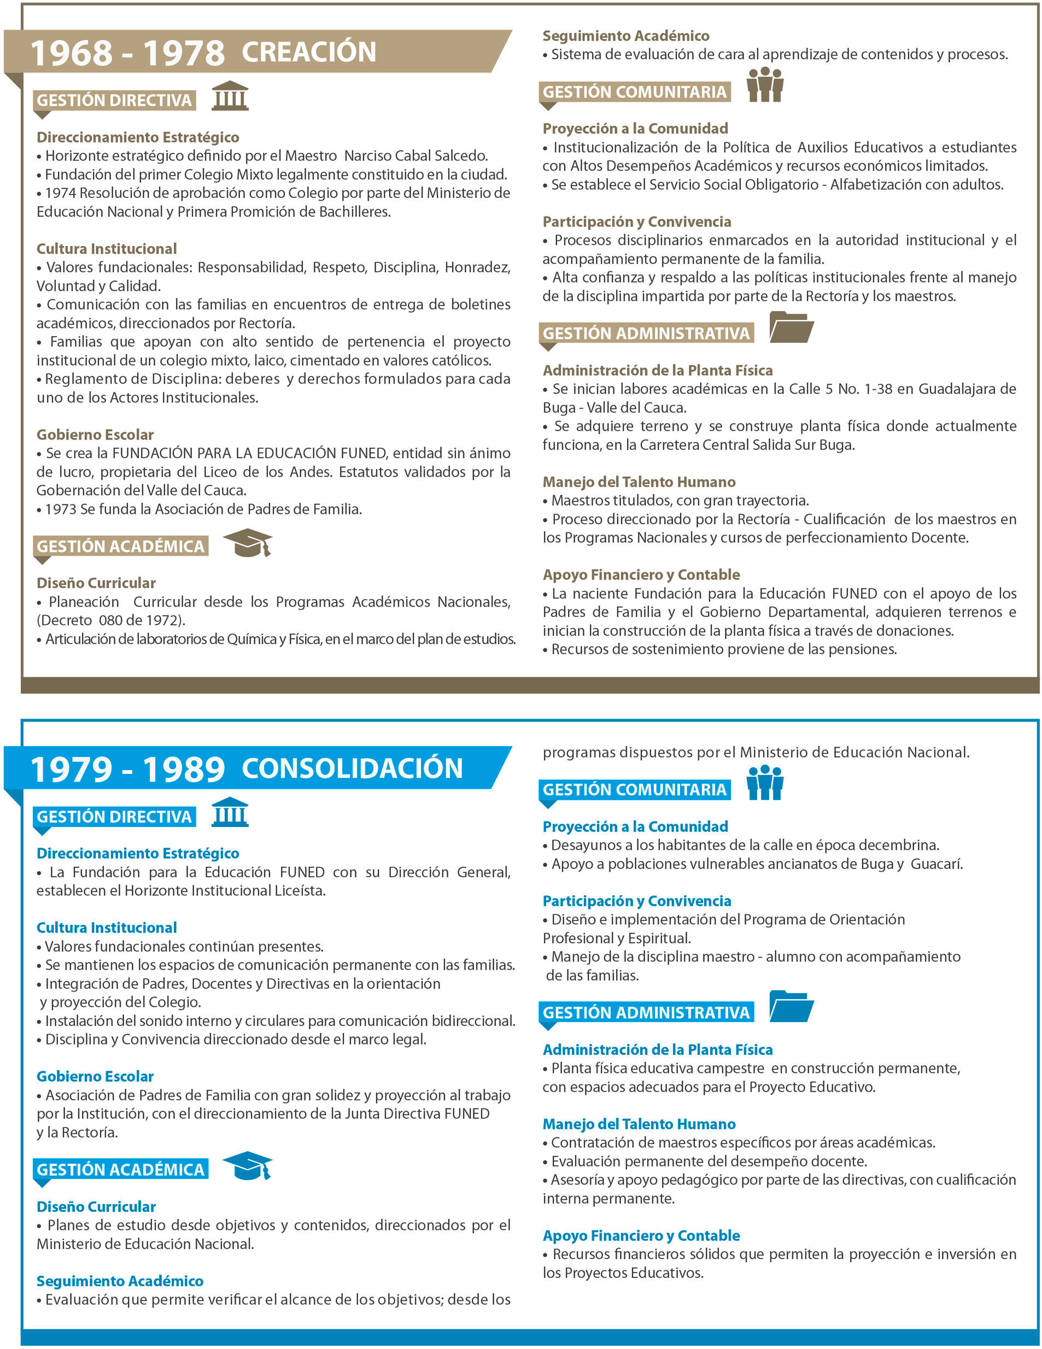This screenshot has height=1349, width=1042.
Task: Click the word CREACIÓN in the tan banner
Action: point(309,52)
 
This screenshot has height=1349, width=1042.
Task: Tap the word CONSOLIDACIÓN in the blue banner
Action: point(352,769)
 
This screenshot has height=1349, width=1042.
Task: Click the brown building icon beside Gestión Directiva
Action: point(230,96)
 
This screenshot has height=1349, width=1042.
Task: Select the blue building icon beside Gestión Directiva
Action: point(230,812)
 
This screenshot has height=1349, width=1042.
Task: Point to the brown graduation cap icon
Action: point(248,543)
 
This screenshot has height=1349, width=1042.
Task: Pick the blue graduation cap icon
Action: point(248,1166)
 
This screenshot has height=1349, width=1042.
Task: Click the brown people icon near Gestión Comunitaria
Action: point(765,85)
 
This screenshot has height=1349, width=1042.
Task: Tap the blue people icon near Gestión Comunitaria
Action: point(765,783)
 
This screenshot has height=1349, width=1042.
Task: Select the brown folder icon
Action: point(791,327)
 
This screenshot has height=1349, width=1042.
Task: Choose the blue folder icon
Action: point(791,1006)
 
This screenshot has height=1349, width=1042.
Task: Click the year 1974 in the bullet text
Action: point(61,193)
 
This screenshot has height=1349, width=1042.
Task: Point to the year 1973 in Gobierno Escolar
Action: point(61,509)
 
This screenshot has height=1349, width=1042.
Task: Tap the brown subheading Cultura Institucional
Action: point(106,249)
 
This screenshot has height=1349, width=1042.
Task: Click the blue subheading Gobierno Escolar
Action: point(95,1077)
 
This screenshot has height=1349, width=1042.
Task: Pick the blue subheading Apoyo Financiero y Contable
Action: point(641,1236)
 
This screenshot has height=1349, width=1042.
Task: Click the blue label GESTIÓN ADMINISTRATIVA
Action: point(646,1013)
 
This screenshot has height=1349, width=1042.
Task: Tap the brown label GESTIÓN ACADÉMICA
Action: point(120,547)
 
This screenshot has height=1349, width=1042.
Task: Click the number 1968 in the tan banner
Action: point(72,53)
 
